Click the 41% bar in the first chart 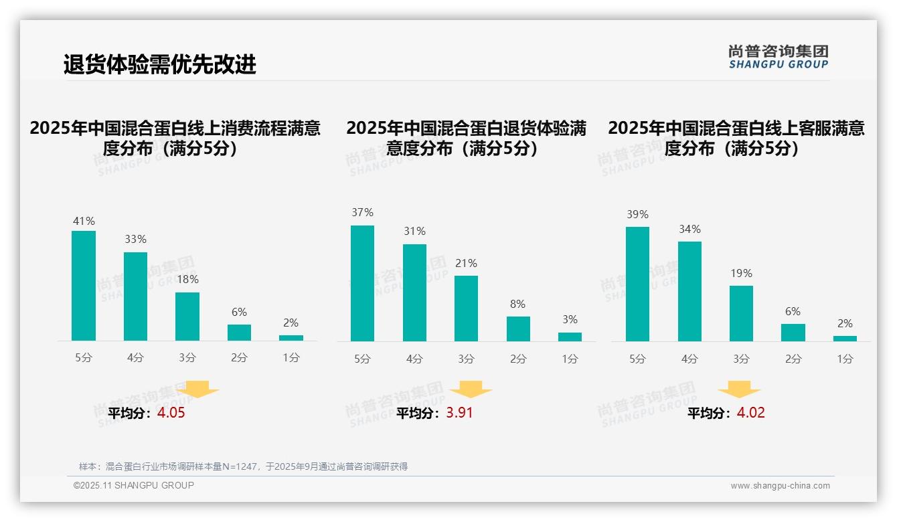click(84, 286)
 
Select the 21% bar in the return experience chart click(466, 308)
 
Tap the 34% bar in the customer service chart click(689, 291)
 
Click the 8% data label click(517, 304)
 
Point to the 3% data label click(570, 320)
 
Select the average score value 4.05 click(171, 413)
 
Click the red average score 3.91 click(459, 413)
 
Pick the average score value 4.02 click(750, 413)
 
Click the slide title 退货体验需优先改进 click(160, 65)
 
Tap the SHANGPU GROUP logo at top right click(778, 57)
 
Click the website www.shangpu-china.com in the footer click(780, 486)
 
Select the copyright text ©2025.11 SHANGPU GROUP click(134, 485)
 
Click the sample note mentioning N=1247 click(243, 466)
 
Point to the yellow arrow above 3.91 click(471, 389)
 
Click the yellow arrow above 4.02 click(739, 389)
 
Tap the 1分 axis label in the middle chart click(570, 359)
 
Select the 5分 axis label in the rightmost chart click(637, 359)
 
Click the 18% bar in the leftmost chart click(187, 317)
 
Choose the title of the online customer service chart click(736, 138)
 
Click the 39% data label click(637, 215)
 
